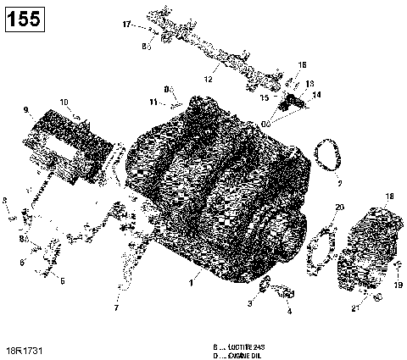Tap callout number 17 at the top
coord(126,25)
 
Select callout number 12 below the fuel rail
coord(208,80)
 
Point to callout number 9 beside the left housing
coord(26,110)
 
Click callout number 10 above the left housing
coord(64,102)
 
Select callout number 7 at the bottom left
coord(116,308)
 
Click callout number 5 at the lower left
coord(60,280)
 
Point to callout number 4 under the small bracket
coord(289,311)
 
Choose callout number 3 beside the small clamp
coord(250,302)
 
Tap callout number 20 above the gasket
coord(340,208)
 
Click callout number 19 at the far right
coord(397,286)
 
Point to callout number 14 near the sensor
coord(318,95)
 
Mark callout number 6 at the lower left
coord(22,263)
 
